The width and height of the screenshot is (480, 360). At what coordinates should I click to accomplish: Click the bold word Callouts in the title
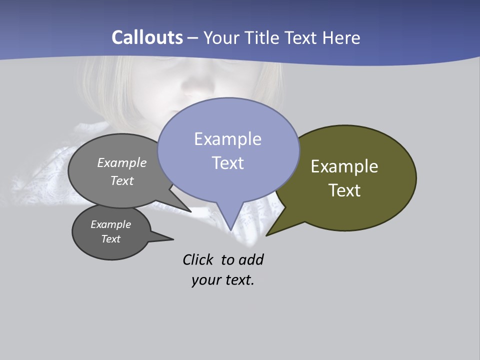(x=147, y=37)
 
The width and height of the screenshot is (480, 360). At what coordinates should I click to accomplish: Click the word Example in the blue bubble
(x=227, y=139)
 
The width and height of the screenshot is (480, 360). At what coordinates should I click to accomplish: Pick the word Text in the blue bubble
(x=227, y=162)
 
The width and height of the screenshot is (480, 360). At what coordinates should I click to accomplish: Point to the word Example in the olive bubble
(x=344, y=166)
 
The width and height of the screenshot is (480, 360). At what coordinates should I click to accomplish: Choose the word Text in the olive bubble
(x=344, y=190)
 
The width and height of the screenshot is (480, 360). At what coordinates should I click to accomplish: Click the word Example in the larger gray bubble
(x=122, y=162)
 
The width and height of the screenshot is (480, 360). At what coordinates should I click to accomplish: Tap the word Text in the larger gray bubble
(x=122, y=180)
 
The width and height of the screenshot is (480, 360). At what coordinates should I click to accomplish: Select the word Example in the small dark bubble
(x=110, y=224)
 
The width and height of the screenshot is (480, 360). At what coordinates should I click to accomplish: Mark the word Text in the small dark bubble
(x=110, y=239)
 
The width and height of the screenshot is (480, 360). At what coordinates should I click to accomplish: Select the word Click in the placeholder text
(x=198, y=260)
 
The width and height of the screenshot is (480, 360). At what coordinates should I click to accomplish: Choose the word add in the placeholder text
(x=251, y=260)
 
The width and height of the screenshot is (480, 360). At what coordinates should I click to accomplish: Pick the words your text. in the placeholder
(x=223, y=280)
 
